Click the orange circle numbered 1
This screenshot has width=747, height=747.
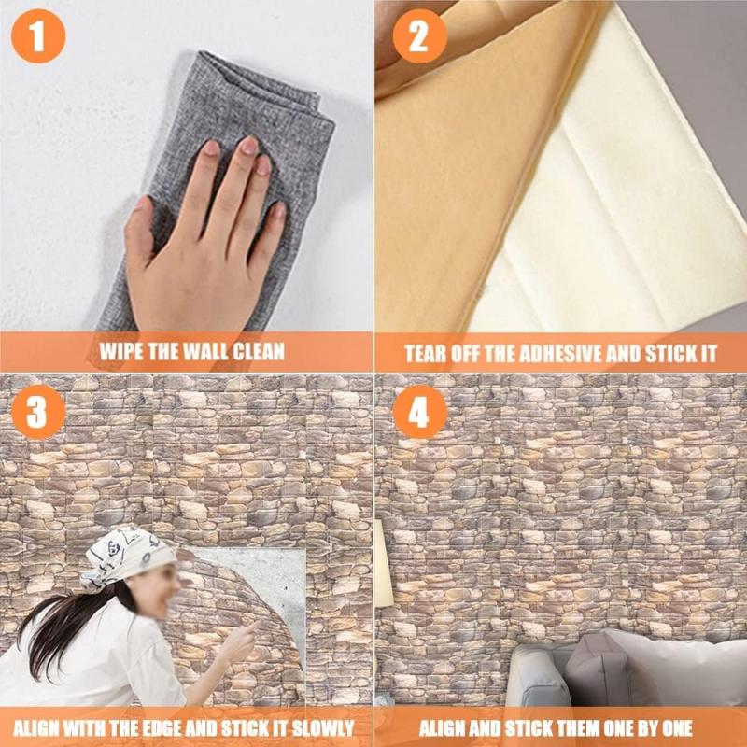(x=38, y=36)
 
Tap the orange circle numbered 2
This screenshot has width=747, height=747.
(x=419, y=36)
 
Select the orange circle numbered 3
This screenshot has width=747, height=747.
(x=38, y=412)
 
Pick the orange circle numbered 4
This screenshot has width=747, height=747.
(x=419, y=412)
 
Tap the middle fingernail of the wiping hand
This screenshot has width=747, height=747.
(x=248, y=146)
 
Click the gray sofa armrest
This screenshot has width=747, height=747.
(x=536, y=676)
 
